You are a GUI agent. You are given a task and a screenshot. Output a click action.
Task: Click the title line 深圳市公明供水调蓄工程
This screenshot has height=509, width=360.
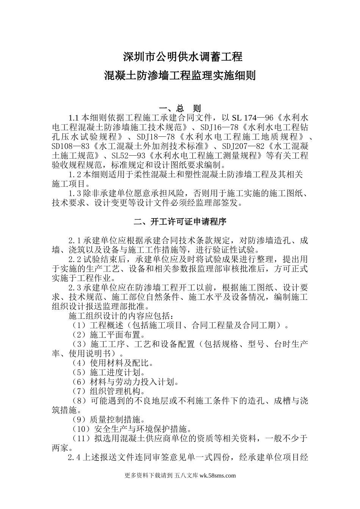[x=183, y=58]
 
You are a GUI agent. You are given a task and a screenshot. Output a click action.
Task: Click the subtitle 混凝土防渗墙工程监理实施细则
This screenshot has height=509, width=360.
[x=180, y=76]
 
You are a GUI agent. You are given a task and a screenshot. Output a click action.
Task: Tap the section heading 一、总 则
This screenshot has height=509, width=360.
[x=180, y=108]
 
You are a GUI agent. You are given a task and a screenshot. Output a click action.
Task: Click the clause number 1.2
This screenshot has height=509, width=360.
[x=75, y=175]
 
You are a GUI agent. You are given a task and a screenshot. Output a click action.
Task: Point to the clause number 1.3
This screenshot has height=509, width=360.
[x=75, y=194]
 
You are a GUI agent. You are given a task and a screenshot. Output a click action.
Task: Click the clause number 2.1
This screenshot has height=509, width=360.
[x=75, y=240]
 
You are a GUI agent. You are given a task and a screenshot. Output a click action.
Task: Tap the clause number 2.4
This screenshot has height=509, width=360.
[x=75, y=458]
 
